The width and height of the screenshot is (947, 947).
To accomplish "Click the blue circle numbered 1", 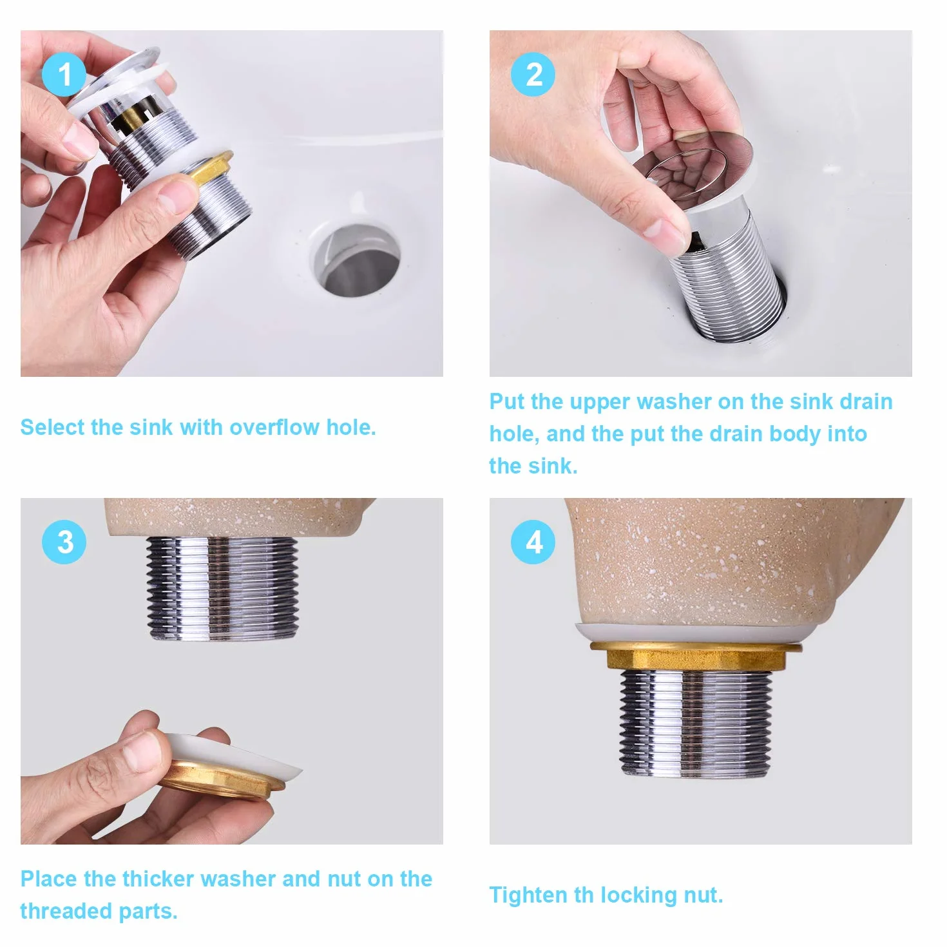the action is tap(64, 75).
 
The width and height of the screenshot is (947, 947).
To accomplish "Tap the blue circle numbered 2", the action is tap(533, 75).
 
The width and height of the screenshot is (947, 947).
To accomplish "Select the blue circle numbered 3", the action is tap(64, 542).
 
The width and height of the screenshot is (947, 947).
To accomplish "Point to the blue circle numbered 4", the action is tap(533, 542).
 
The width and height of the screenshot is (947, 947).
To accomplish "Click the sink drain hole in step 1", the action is tap(357, 260).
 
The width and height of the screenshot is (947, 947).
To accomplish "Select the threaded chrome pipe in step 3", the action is tap(223, 588).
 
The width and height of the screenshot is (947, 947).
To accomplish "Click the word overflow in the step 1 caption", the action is tap(274, 427).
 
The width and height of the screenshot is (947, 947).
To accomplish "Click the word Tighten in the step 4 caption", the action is tap(528, 895).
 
